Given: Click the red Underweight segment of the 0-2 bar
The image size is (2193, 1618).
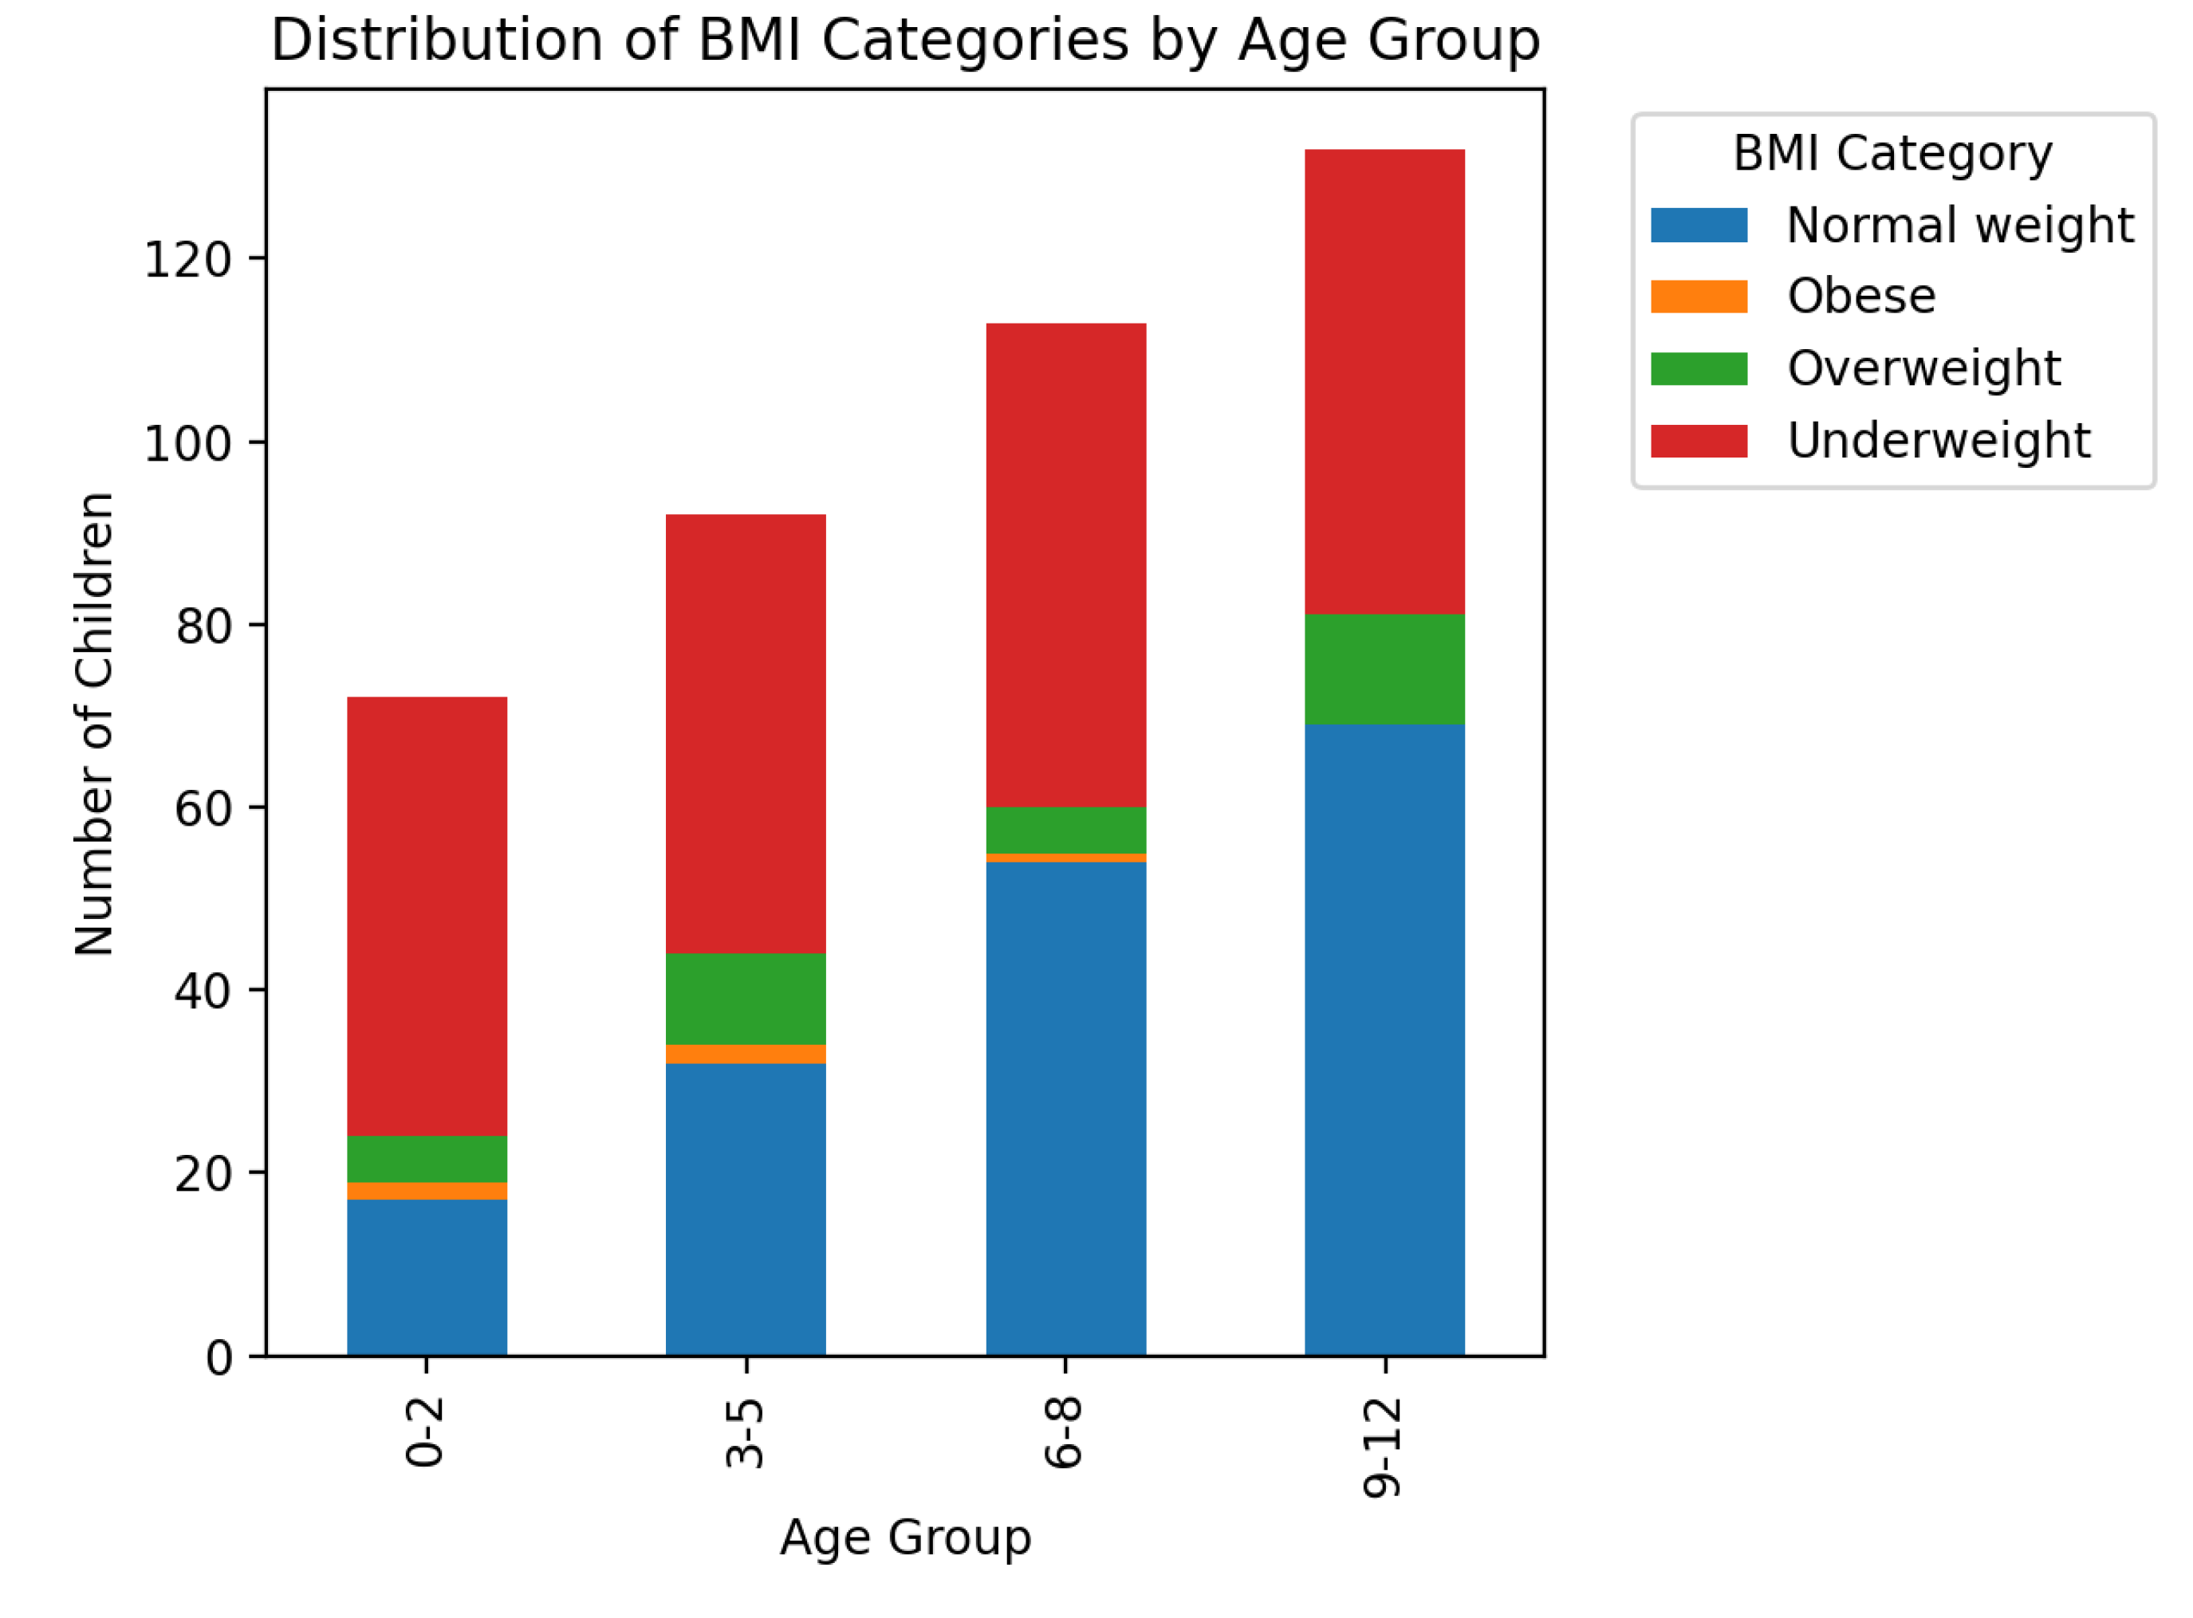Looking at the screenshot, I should coord(427,917).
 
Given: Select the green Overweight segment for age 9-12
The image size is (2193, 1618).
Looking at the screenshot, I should coord(1384,670).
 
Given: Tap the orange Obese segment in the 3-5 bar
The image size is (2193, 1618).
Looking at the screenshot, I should coord(746,1054).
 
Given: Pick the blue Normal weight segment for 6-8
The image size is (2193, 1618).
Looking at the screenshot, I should coord(1066,1109).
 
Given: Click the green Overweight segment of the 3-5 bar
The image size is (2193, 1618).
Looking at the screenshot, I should coord(746,999).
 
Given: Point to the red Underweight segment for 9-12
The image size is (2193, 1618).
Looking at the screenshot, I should coord(1384,382).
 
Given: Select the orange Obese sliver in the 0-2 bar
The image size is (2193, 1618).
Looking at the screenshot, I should coord(427,1191).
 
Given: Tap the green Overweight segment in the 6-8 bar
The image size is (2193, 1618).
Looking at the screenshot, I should coord(1066,831).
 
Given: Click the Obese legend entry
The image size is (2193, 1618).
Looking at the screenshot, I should coord(1860,297).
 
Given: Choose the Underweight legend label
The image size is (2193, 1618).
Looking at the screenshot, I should coord(1939,441).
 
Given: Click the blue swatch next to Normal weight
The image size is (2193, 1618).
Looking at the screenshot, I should coord(1699,226).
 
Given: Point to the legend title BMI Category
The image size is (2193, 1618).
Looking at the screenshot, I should coord(1892,154).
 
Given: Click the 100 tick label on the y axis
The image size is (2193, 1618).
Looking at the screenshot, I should coord(188,444).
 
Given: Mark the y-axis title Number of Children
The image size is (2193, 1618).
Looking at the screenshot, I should coord(95,724).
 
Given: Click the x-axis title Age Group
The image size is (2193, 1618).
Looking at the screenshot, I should coord(905,1537).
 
